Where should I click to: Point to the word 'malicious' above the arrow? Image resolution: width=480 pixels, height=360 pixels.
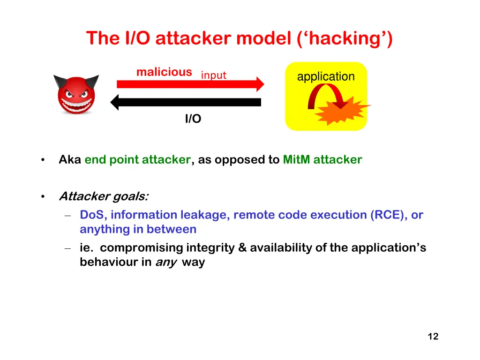tap(164, 72)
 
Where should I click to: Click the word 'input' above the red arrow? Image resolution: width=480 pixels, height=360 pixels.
tap(214, 75)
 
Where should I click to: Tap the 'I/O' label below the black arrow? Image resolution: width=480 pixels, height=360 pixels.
tap(193, 119)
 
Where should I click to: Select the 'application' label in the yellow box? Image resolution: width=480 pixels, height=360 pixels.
tap(326, 76)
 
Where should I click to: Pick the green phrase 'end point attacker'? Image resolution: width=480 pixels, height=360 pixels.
tap(137, 160)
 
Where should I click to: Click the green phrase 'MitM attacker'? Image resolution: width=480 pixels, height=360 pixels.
tap(322, 160)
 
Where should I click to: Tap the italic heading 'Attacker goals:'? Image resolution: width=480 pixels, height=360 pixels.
tap(104, 196)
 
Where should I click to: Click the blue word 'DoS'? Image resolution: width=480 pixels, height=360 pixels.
tap(92, 215)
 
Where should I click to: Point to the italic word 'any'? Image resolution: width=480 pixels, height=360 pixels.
tap(165, 262)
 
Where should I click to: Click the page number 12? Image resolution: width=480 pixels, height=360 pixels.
tap(433, 336)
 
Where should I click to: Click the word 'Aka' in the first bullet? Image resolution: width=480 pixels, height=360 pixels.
tap(70, 160)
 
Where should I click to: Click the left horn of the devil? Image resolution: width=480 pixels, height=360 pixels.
tap(60, 81)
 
